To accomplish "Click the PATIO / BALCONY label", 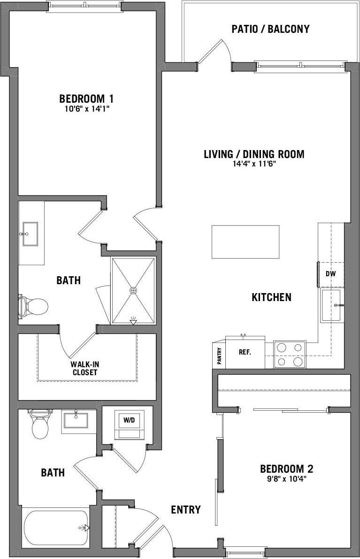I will click(x=271, y=29).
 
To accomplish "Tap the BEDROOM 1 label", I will click(x=86, y=99).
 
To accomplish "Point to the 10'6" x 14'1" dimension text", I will click(x=86, y=109).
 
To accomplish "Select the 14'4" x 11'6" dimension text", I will click(x=254, y=164).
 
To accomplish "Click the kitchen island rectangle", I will click(x=245, y=242).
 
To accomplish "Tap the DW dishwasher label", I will click(x=331, y=274).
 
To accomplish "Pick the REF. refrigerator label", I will click(x=245, y=352).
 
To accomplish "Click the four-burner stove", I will click(x=289, y=355).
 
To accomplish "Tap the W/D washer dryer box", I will click(x=129, y=421).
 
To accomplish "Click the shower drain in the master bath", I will click(x=133, y=291).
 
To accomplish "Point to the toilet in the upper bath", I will click(x=33, y=307).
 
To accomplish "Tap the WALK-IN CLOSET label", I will click(x=84, y=368).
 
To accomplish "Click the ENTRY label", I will click(x=186, y=510).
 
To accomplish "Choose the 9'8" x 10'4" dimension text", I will click(x=286, y=479).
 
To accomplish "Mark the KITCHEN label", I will click(x=271, y=297).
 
